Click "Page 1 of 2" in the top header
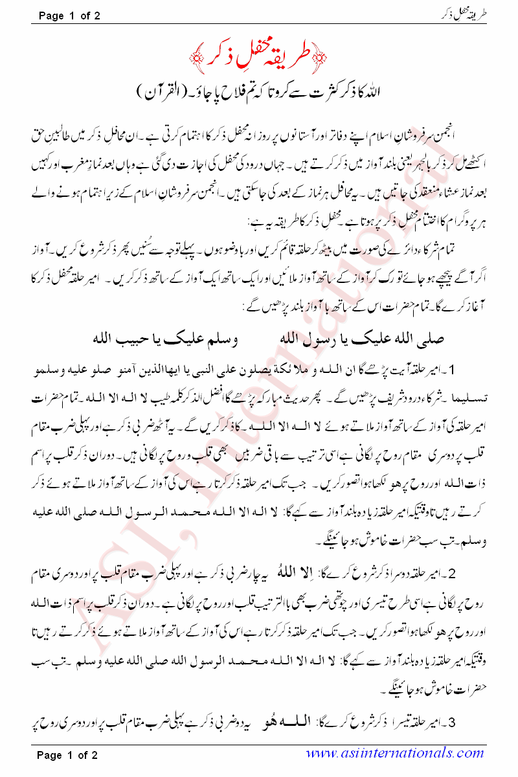coord(69,15)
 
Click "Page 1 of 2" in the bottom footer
coord(69,754)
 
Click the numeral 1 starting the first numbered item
coord(495,370)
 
